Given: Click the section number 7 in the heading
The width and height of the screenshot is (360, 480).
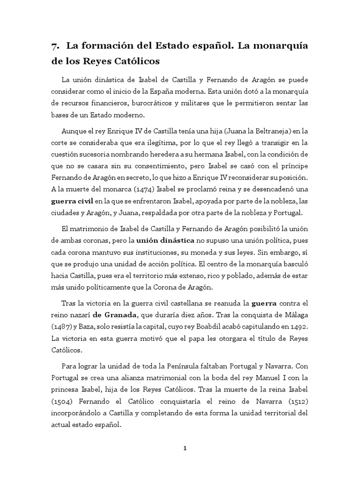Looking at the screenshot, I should point(54,46).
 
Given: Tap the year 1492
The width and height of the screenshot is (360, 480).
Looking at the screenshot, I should point(300,326).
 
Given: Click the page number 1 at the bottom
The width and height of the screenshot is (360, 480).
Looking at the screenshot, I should point(185,448).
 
